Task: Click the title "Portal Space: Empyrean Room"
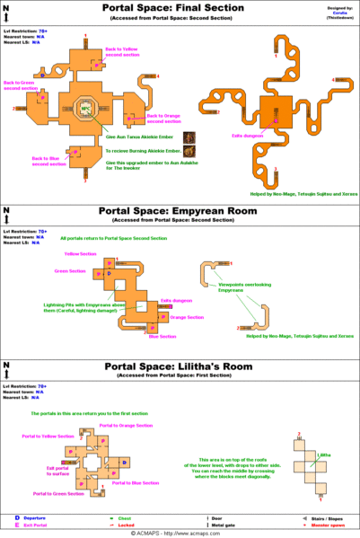click(180, 214)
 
